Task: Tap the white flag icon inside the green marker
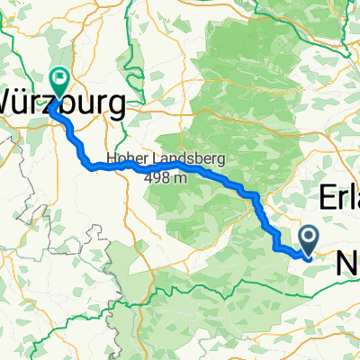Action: tap(60, 79)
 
